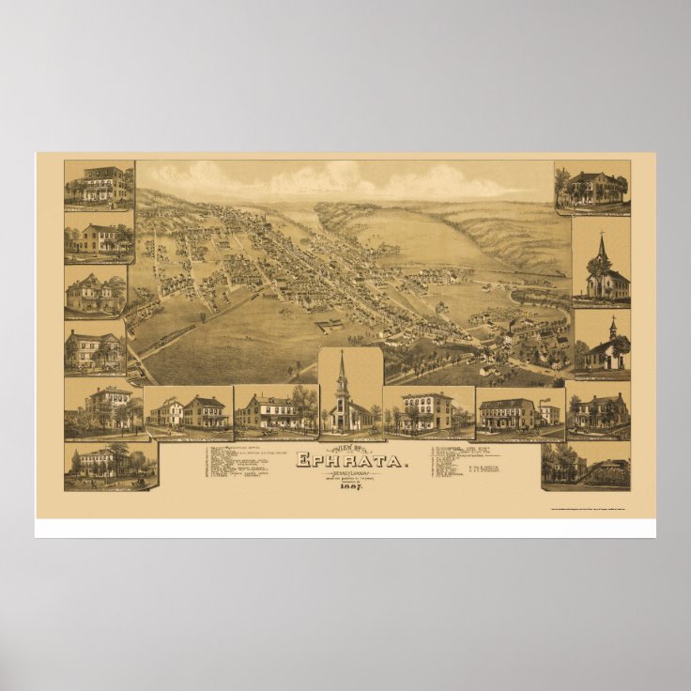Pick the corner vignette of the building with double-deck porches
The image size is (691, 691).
pos(100,185)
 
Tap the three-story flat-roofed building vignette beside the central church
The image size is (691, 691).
pos(427,411)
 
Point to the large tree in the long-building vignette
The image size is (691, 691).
pos(302,403)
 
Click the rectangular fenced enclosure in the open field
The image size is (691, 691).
pos(329,327)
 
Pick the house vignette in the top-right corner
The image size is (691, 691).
pos(591,187)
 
